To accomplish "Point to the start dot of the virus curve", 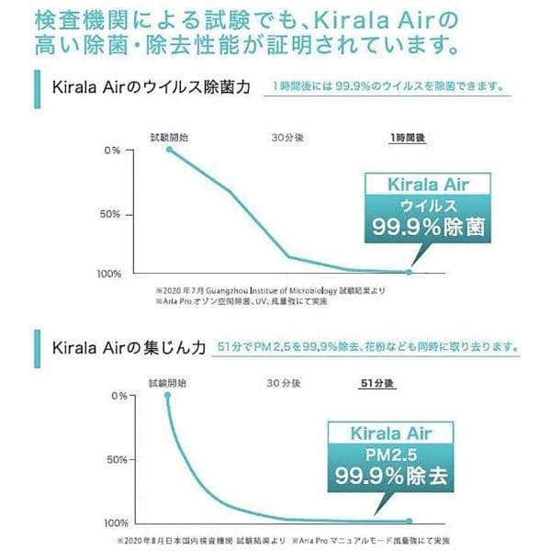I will pyautogui.click(x=169, y=148).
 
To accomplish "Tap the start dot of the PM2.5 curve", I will pyautogui.click(x=167, y=395).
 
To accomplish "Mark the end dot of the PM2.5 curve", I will pyautogui.click(x=409, y=521).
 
